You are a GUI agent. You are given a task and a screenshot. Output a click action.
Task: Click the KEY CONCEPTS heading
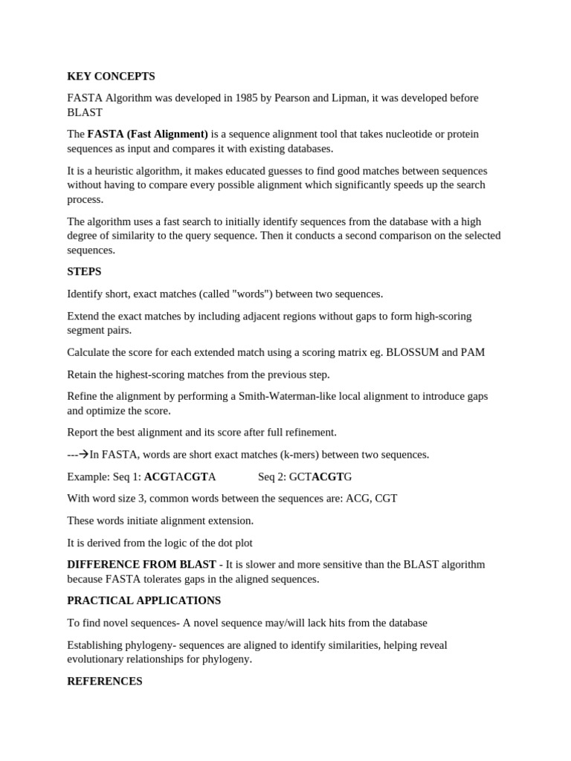[x=111, y=77]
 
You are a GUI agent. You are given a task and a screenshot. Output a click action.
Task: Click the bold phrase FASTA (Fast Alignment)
[x=147, y=135]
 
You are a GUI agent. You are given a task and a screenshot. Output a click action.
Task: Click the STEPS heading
[x=84, y=272]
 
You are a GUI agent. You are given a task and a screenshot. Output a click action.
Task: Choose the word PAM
[x=474, y=352]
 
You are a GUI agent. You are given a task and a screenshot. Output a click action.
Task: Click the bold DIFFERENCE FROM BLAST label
[x=141, y=565]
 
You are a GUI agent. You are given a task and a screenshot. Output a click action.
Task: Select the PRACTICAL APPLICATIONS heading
[x=143, y=600]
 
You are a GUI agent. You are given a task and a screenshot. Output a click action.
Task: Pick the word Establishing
[x=97, y=645]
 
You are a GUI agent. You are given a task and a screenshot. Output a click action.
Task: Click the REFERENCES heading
[x=104, y=681]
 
